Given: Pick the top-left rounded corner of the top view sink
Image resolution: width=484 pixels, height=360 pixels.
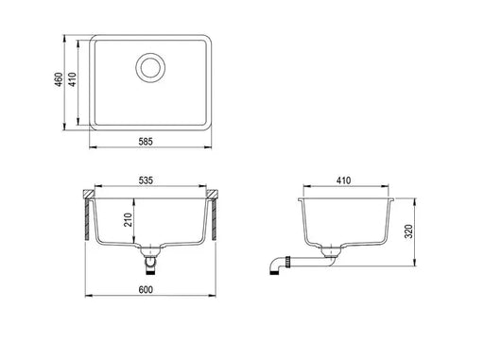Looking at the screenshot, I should (96, 40).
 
